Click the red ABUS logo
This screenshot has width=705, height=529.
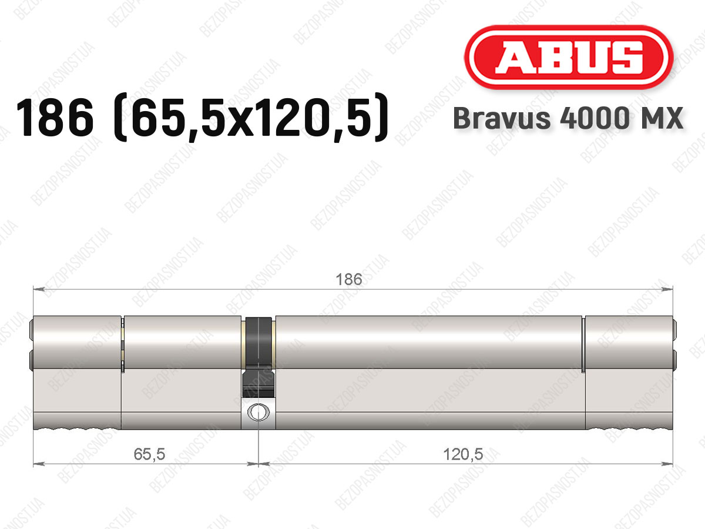(569, 57)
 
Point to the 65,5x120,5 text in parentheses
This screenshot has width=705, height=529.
(251, 118)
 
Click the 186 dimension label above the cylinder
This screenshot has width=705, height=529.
(349, 279)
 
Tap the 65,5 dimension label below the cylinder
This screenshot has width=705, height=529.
(149, 454)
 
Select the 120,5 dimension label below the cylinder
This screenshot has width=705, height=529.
(463, 454)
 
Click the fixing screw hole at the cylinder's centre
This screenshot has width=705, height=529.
(258, 412)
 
